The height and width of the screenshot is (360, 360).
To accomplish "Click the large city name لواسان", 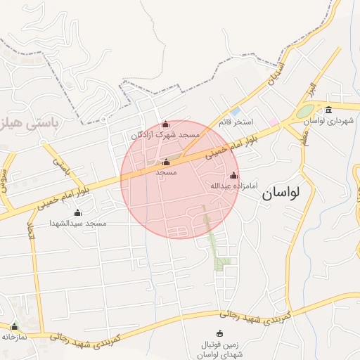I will coord(288,193).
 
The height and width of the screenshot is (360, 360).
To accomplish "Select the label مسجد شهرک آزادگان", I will coord(165,134).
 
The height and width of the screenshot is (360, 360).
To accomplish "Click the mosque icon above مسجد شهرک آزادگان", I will coord(166,124).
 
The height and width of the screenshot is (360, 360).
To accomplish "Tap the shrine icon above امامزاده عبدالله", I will coord(234,176).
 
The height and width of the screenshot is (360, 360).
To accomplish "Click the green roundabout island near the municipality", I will coord(305,112).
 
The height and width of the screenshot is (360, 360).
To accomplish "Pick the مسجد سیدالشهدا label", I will coord(77,223).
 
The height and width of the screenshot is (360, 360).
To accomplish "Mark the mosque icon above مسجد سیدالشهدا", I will coord(77,213).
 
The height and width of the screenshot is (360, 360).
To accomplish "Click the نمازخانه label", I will coord(14,337).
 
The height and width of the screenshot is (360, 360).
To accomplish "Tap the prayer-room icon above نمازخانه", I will coord(14,327).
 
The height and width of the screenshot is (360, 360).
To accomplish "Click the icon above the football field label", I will coord(219,333).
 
